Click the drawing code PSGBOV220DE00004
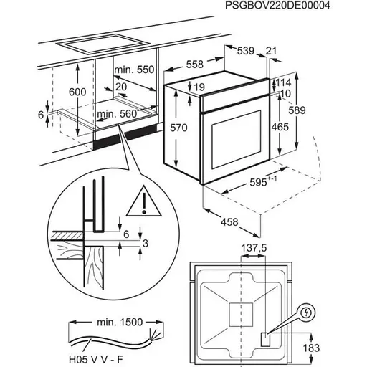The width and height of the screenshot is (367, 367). point(277,5)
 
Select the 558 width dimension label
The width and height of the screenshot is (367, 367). point(195,65)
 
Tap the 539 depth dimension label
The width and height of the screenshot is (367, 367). point(246,51)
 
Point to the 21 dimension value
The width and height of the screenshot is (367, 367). point(271,51)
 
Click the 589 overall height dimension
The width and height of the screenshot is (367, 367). point(297,110)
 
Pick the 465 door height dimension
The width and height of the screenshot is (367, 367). point(280,127)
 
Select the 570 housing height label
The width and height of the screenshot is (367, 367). point(178,128)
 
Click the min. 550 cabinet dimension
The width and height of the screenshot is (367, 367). point(134,70)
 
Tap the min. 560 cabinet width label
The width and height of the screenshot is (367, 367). point(117,114)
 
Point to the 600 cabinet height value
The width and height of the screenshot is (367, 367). point(77,92)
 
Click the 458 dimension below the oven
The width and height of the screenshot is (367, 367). point(229,222)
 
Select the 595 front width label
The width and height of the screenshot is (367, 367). point(263,181)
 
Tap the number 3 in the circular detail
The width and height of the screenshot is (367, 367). point(146,244)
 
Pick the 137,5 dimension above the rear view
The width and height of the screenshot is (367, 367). point(254,248)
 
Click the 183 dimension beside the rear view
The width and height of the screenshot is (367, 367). point(311,348)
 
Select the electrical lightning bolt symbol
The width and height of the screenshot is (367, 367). point(306,313)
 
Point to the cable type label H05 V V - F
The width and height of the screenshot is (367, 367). point(96,359)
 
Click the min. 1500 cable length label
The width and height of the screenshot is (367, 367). point(120,323)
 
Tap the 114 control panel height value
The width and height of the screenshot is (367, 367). point(284,82)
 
